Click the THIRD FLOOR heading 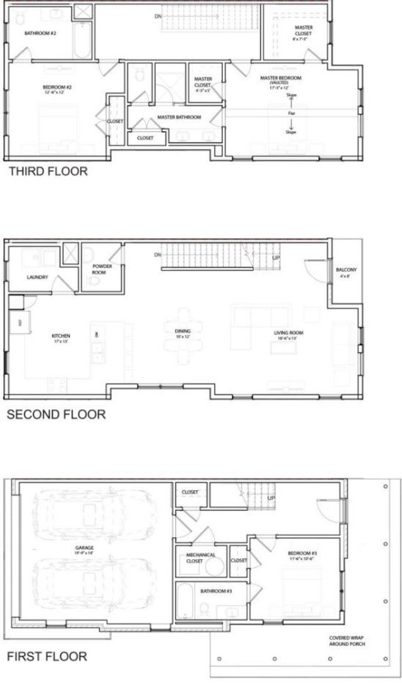(48, 171)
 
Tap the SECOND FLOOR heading (55, 414)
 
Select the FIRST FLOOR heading (47, 657)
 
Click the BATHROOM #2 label (41, 33)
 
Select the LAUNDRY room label (38, 277)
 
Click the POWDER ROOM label (102, 269)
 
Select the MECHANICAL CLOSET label (201, 557)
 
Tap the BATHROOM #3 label (217, 591)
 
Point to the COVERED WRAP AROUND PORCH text (347, 641)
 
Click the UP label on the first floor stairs (271, 498)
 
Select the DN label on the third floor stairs (158, 15)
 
